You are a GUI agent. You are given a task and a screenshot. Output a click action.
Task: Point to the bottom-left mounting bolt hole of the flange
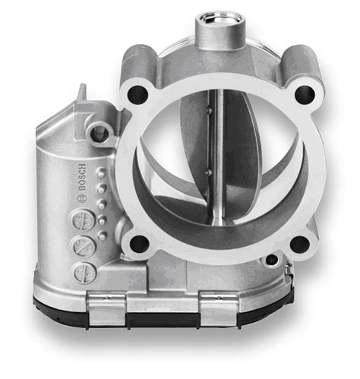pyautogui.click(x=139, y=244)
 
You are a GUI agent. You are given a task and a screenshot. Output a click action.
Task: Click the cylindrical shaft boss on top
pyautogui.click(x=220, y=30)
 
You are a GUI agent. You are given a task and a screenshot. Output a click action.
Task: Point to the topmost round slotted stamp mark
pyautogui.click(x=77, y=221)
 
